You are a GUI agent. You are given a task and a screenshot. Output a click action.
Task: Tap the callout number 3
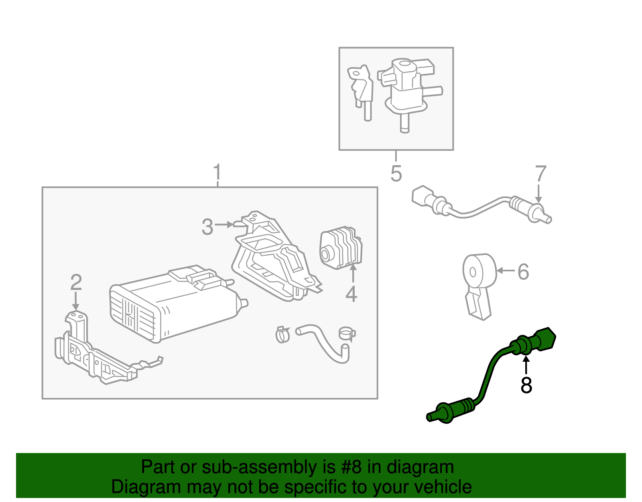(x=207, y=227)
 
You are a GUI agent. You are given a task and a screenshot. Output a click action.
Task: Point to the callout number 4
(x=351, y=294)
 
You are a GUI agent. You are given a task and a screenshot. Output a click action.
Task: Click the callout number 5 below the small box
(x=396, y=174)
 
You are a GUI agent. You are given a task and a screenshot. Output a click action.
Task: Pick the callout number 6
(x=523, y=272)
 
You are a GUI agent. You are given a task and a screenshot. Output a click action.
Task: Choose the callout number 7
(x=540, y=174)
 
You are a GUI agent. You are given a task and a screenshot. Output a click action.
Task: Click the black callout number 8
(x=526, y=385)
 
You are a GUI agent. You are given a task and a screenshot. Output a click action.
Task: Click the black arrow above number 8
(x=526, y=364)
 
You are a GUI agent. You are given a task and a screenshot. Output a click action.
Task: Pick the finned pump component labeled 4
(x=341, y=247)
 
